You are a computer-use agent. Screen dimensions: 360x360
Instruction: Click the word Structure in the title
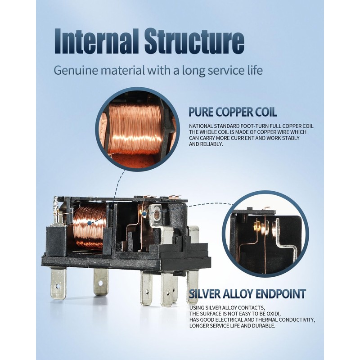pos(194,41)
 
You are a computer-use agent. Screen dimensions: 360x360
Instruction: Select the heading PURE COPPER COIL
pos(233,112)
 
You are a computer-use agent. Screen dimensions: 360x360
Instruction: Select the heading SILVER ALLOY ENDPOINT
pos(247,294)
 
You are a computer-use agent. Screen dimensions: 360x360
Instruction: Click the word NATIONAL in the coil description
pos(201,126)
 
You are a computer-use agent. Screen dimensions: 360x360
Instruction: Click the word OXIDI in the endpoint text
pos(273,314)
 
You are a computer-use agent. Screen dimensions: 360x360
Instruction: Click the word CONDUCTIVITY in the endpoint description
pos(299,320)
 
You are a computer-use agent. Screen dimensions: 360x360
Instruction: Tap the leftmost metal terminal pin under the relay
pos(58,284)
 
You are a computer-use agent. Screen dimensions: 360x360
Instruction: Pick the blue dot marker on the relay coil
pos(89,223)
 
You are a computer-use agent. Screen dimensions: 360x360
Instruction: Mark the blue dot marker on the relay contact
pos(144,214)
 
